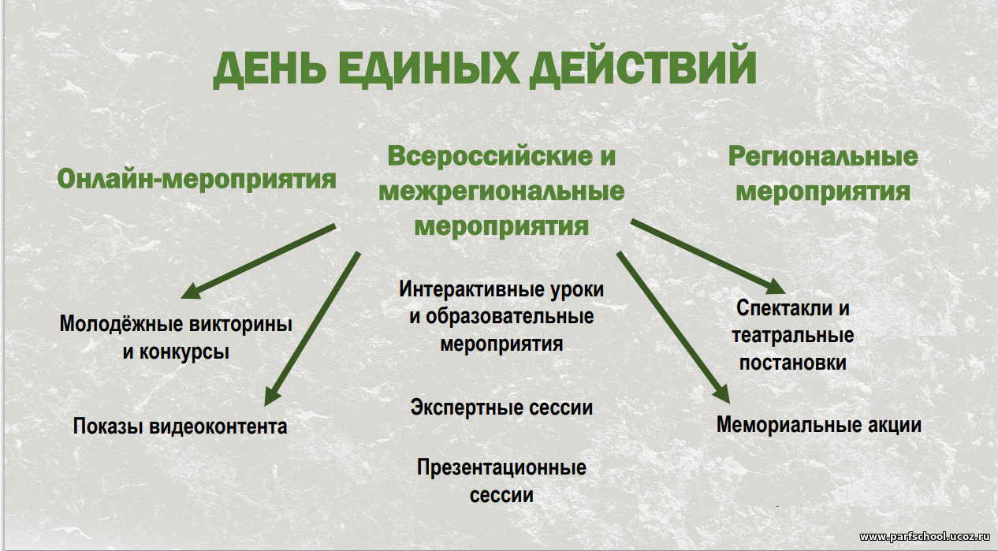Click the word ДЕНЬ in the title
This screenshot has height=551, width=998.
click(x=269, y=69)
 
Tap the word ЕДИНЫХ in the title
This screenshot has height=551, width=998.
click(x=429, y=67)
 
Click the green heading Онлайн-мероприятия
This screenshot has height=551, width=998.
click(x=196, y=179)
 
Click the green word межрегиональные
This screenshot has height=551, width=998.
click(x=501, y=191)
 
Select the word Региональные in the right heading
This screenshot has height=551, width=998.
click(x=823, y=156)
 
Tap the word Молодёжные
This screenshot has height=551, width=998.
click(x=121, y=324)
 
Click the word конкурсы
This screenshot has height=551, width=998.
click(x=184, y=352)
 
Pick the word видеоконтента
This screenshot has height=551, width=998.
click(x=218, y=426)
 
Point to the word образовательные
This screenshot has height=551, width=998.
click(x=510, y=317)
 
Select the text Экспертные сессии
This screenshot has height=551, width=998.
click(x=501, y=408)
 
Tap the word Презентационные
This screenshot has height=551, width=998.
click(x=501, y=467)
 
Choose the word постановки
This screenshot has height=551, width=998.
click(x=793, y=363)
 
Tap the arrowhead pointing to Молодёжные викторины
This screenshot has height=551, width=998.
click(x=191, y=291)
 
